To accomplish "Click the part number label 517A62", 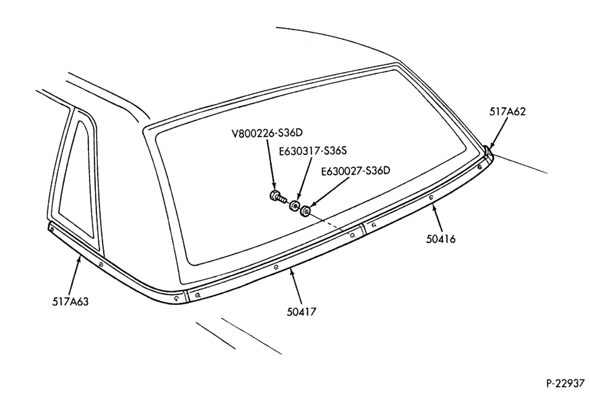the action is (507, 111).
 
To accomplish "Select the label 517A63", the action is (70, 301).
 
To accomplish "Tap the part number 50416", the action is (441, 239).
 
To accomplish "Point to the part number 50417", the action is (302, 311).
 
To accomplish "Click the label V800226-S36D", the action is (266, 133).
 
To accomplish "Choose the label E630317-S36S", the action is (313, 151).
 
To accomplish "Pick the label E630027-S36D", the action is (355, 170).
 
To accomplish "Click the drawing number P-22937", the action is (565, 383).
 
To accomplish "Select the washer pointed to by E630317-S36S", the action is (294, 205).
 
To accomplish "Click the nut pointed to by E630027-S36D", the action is (305, 211).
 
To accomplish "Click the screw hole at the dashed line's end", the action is (352, 235).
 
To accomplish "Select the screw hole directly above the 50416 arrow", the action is (431, 196).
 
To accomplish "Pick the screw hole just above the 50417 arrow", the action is (276, 267).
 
